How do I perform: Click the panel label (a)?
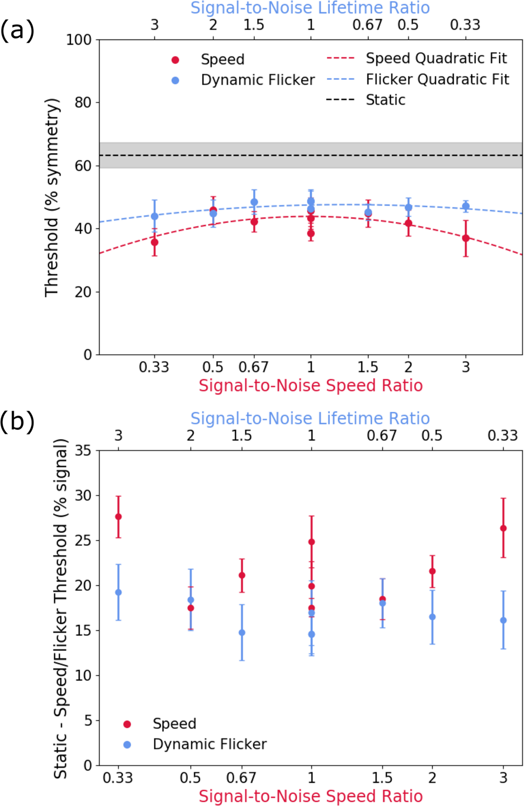point(17,31)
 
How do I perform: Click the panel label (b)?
point(17,422)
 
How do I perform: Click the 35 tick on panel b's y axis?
point(83,450)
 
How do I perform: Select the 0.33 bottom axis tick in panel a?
point(154,367)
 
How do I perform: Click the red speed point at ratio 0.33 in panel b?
point(118,517)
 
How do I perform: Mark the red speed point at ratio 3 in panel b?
point(503,529)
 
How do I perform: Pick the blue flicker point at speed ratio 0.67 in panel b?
point(242,633)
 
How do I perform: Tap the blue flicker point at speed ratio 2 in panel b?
point(433,617)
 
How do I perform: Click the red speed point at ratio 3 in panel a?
point(466,238)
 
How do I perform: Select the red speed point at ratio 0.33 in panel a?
point(154,242)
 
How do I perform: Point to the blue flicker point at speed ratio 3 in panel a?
point(466,206)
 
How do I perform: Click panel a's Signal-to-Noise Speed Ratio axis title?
point(310,386)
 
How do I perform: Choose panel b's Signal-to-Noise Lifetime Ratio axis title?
point(310,419)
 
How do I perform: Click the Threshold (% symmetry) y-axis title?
point(52,198)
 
